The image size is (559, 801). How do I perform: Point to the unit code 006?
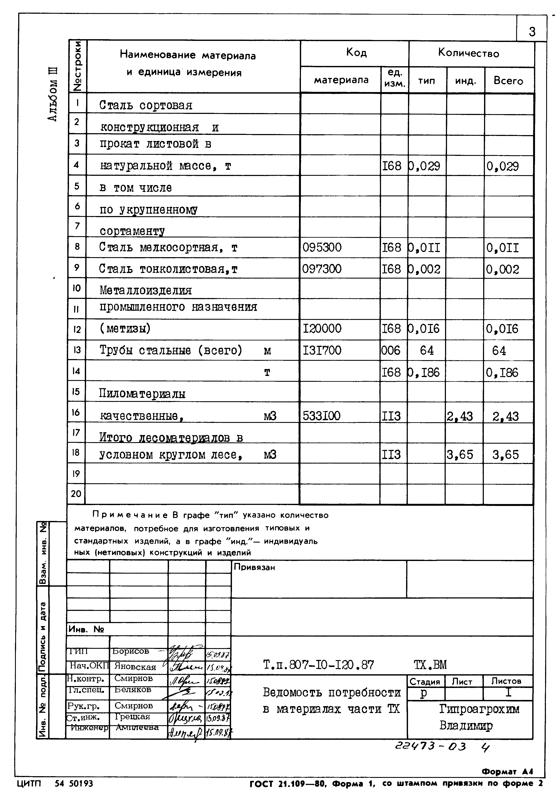(x=391, y=350)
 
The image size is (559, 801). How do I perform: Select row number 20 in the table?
(x=76, y=494)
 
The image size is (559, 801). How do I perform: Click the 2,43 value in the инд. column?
(x=460, y=416)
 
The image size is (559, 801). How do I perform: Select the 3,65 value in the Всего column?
(x=506, y=455)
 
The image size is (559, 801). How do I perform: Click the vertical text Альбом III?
(x=52, y=94)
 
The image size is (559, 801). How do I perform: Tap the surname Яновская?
(x=135, y=667)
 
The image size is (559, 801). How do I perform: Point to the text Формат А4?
(x=508, y=771)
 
